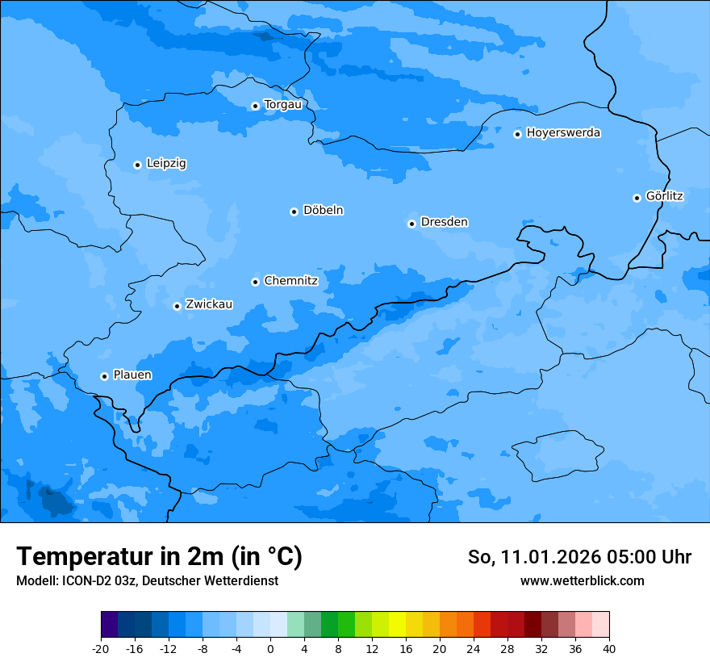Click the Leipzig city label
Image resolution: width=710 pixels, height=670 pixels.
pos(166,164)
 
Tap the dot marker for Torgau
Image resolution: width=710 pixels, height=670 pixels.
pos(255,106)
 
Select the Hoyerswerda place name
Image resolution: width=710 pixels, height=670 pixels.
pos(563,133)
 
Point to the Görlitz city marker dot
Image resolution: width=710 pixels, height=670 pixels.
pos(637,198)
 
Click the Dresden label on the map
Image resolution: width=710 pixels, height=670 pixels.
pos(444,222)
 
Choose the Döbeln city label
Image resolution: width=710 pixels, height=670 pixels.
pos(323,211)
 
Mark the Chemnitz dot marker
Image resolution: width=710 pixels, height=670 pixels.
pos(255,282)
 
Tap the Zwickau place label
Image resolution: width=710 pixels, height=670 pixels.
pos(209,304)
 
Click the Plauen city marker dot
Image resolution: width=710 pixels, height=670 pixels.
pos(104,376)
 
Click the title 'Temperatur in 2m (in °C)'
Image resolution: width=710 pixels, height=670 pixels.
pos(159,556)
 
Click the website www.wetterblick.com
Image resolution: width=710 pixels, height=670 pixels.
pos(582,580)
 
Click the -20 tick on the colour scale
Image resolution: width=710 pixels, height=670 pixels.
pos(101,648)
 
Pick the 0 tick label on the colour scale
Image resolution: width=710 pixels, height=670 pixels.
pos(270,648)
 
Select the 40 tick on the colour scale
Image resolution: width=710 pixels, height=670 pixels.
pos(609,648)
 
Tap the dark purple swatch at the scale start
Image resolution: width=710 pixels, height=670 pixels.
pos(109,625)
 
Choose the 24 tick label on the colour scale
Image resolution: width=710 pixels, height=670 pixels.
pos(474,648)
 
